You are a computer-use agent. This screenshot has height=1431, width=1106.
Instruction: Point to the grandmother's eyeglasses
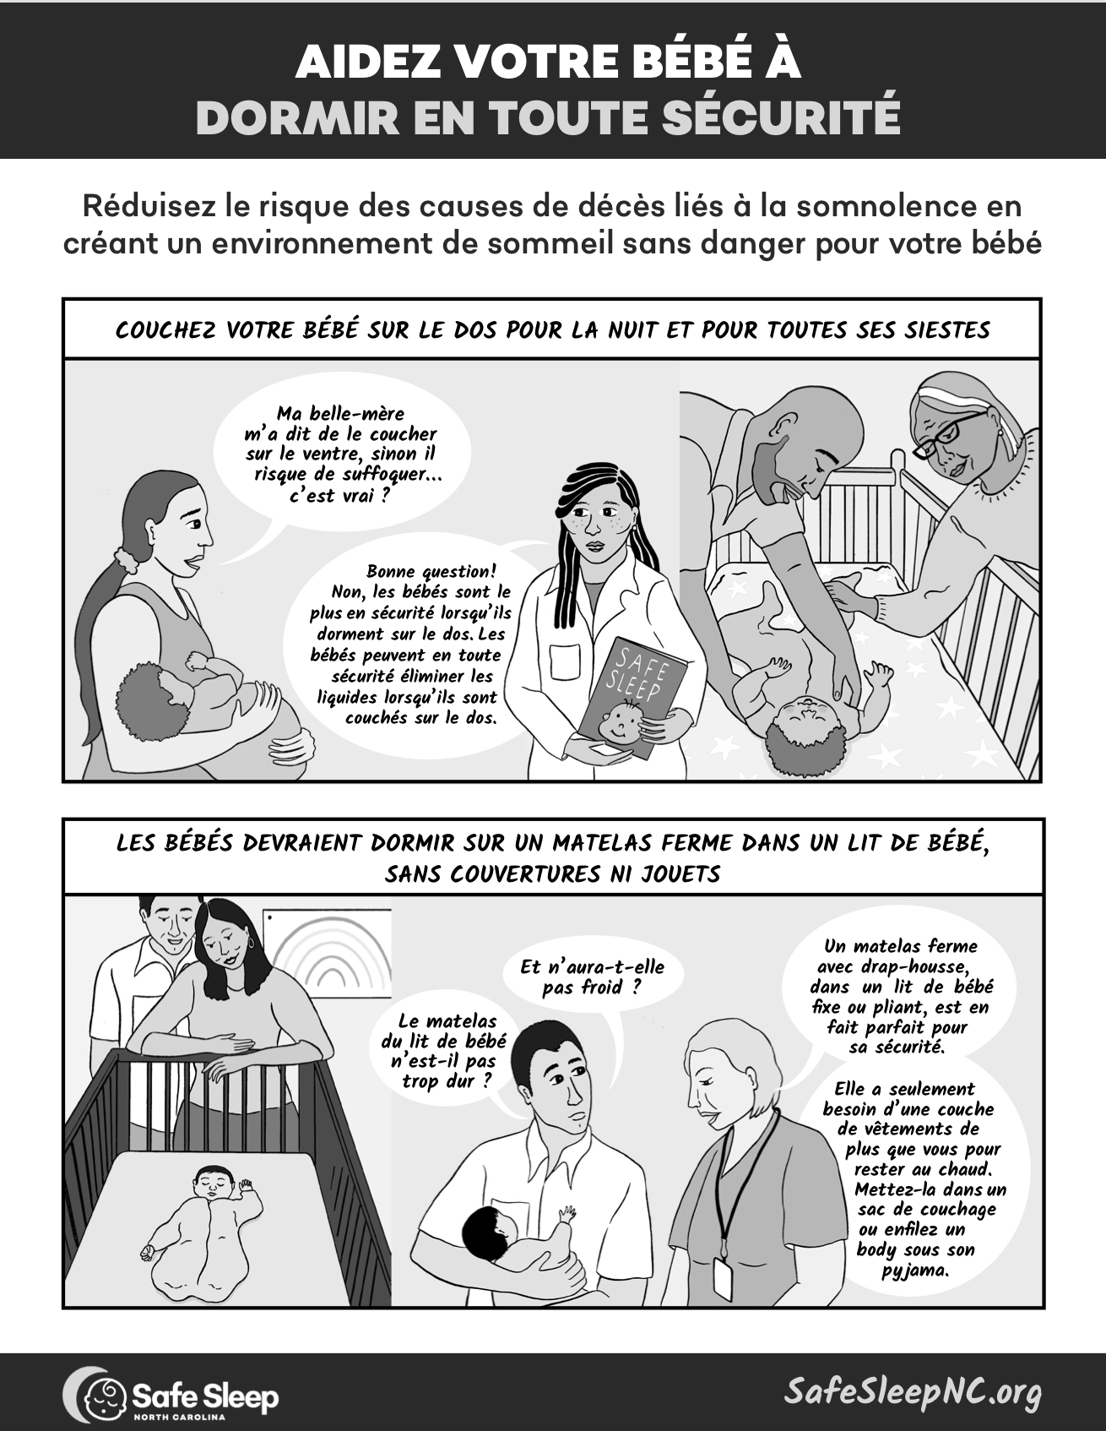[949, 433]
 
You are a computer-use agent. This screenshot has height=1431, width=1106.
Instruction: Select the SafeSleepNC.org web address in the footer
[912, 1391]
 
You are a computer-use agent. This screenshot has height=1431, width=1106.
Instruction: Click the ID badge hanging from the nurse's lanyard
[722, 1278]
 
